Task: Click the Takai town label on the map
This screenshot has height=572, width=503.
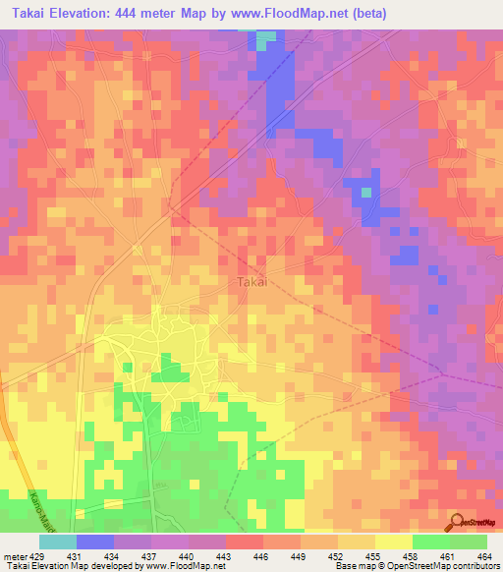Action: point(252,282)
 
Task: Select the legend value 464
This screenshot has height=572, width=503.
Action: point(484,556)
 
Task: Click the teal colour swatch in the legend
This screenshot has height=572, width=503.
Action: point(57,542)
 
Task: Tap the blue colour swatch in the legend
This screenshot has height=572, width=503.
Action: point(95,542)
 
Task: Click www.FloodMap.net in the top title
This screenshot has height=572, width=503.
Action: point(294,14)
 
